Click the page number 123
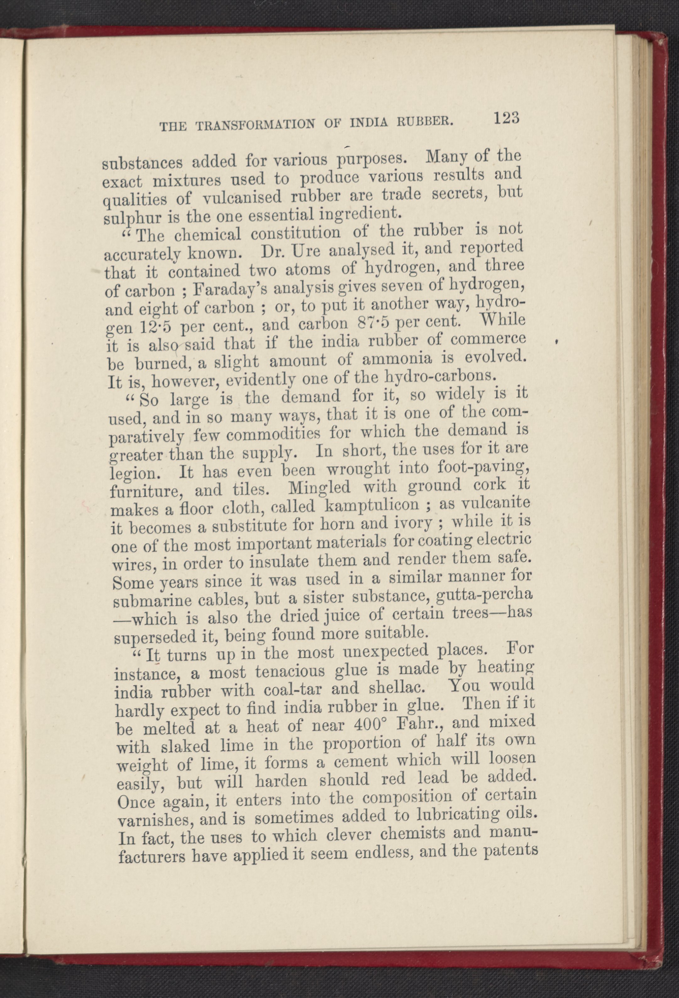(x=507, y=118)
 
